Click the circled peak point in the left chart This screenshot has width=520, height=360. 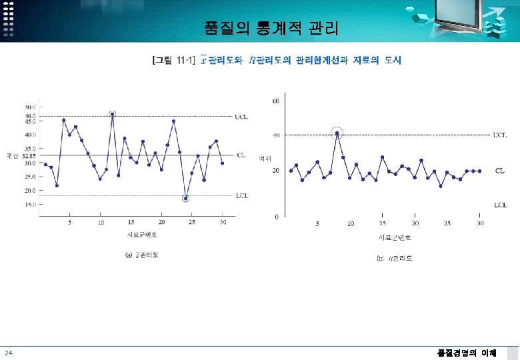[x=113, y=113]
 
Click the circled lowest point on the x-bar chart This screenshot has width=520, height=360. [x=186, y=198]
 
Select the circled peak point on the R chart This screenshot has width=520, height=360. [x=337, y=133]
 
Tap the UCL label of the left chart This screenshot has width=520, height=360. [x=241, y=116]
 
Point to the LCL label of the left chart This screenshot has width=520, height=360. [x=241, y=195]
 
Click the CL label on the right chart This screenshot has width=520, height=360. [x=499, y=171]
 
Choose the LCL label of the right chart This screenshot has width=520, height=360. [x=499, y=204]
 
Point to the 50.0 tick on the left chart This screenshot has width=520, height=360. [x=31, y=107]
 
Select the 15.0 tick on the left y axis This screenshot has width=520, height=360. [x=31, y=205]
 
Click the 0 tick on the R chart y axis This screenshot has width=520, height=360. [x=276, y=217]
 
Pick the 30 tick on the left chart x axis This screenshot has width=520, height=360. [x=223, y=222]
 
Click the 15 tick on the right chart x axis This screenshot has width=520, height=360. [x=383, y=223]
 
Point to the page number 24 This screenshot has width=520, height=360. [x=7, y=353]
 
